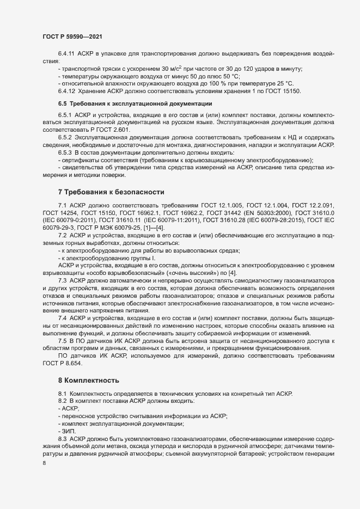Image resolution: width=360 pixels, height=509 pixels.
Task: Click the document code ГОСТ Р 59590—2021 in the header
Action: (72, 36)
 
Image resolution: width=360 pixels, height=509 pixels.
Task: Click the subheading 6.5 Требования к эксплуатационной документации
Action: (136, 103)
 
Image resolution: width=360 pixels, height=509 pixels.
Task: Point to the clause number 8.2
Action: (64, 401)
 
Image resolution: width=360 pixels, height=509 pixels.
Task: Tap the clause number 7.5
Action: (64, 341)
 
